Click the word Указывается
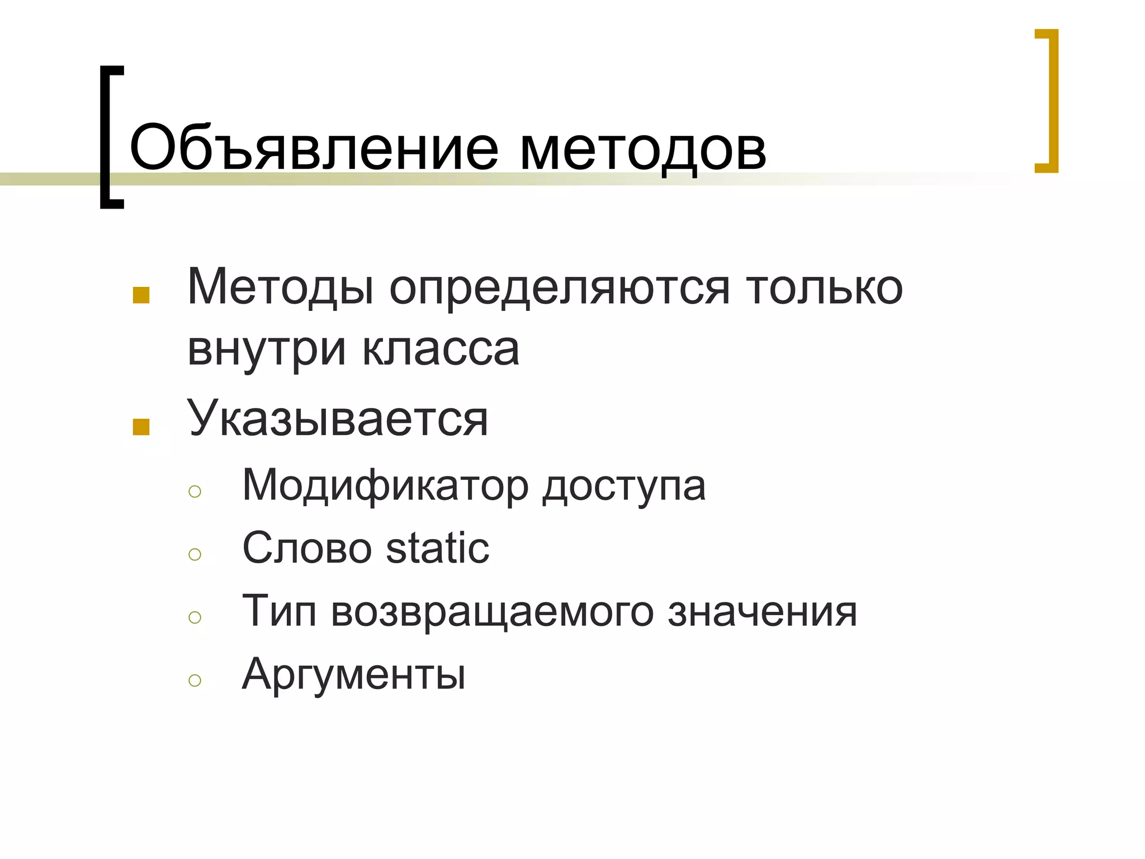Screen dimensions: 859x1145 [338, 418]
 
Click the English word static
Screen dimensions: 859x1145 [438, 548]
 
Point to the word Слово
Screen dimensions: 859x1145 [307, 548]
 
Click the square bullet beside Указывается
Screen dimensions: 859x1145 [141, 427]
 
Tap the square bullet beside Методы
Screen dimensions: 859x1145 [141, 295]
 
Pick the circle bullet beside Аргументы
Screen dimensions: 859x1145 [195, 680]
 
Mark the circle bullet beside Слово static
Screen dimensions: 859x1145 [195, 554]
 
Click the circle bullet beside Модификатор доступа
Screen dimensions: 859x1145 [195, 492]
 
